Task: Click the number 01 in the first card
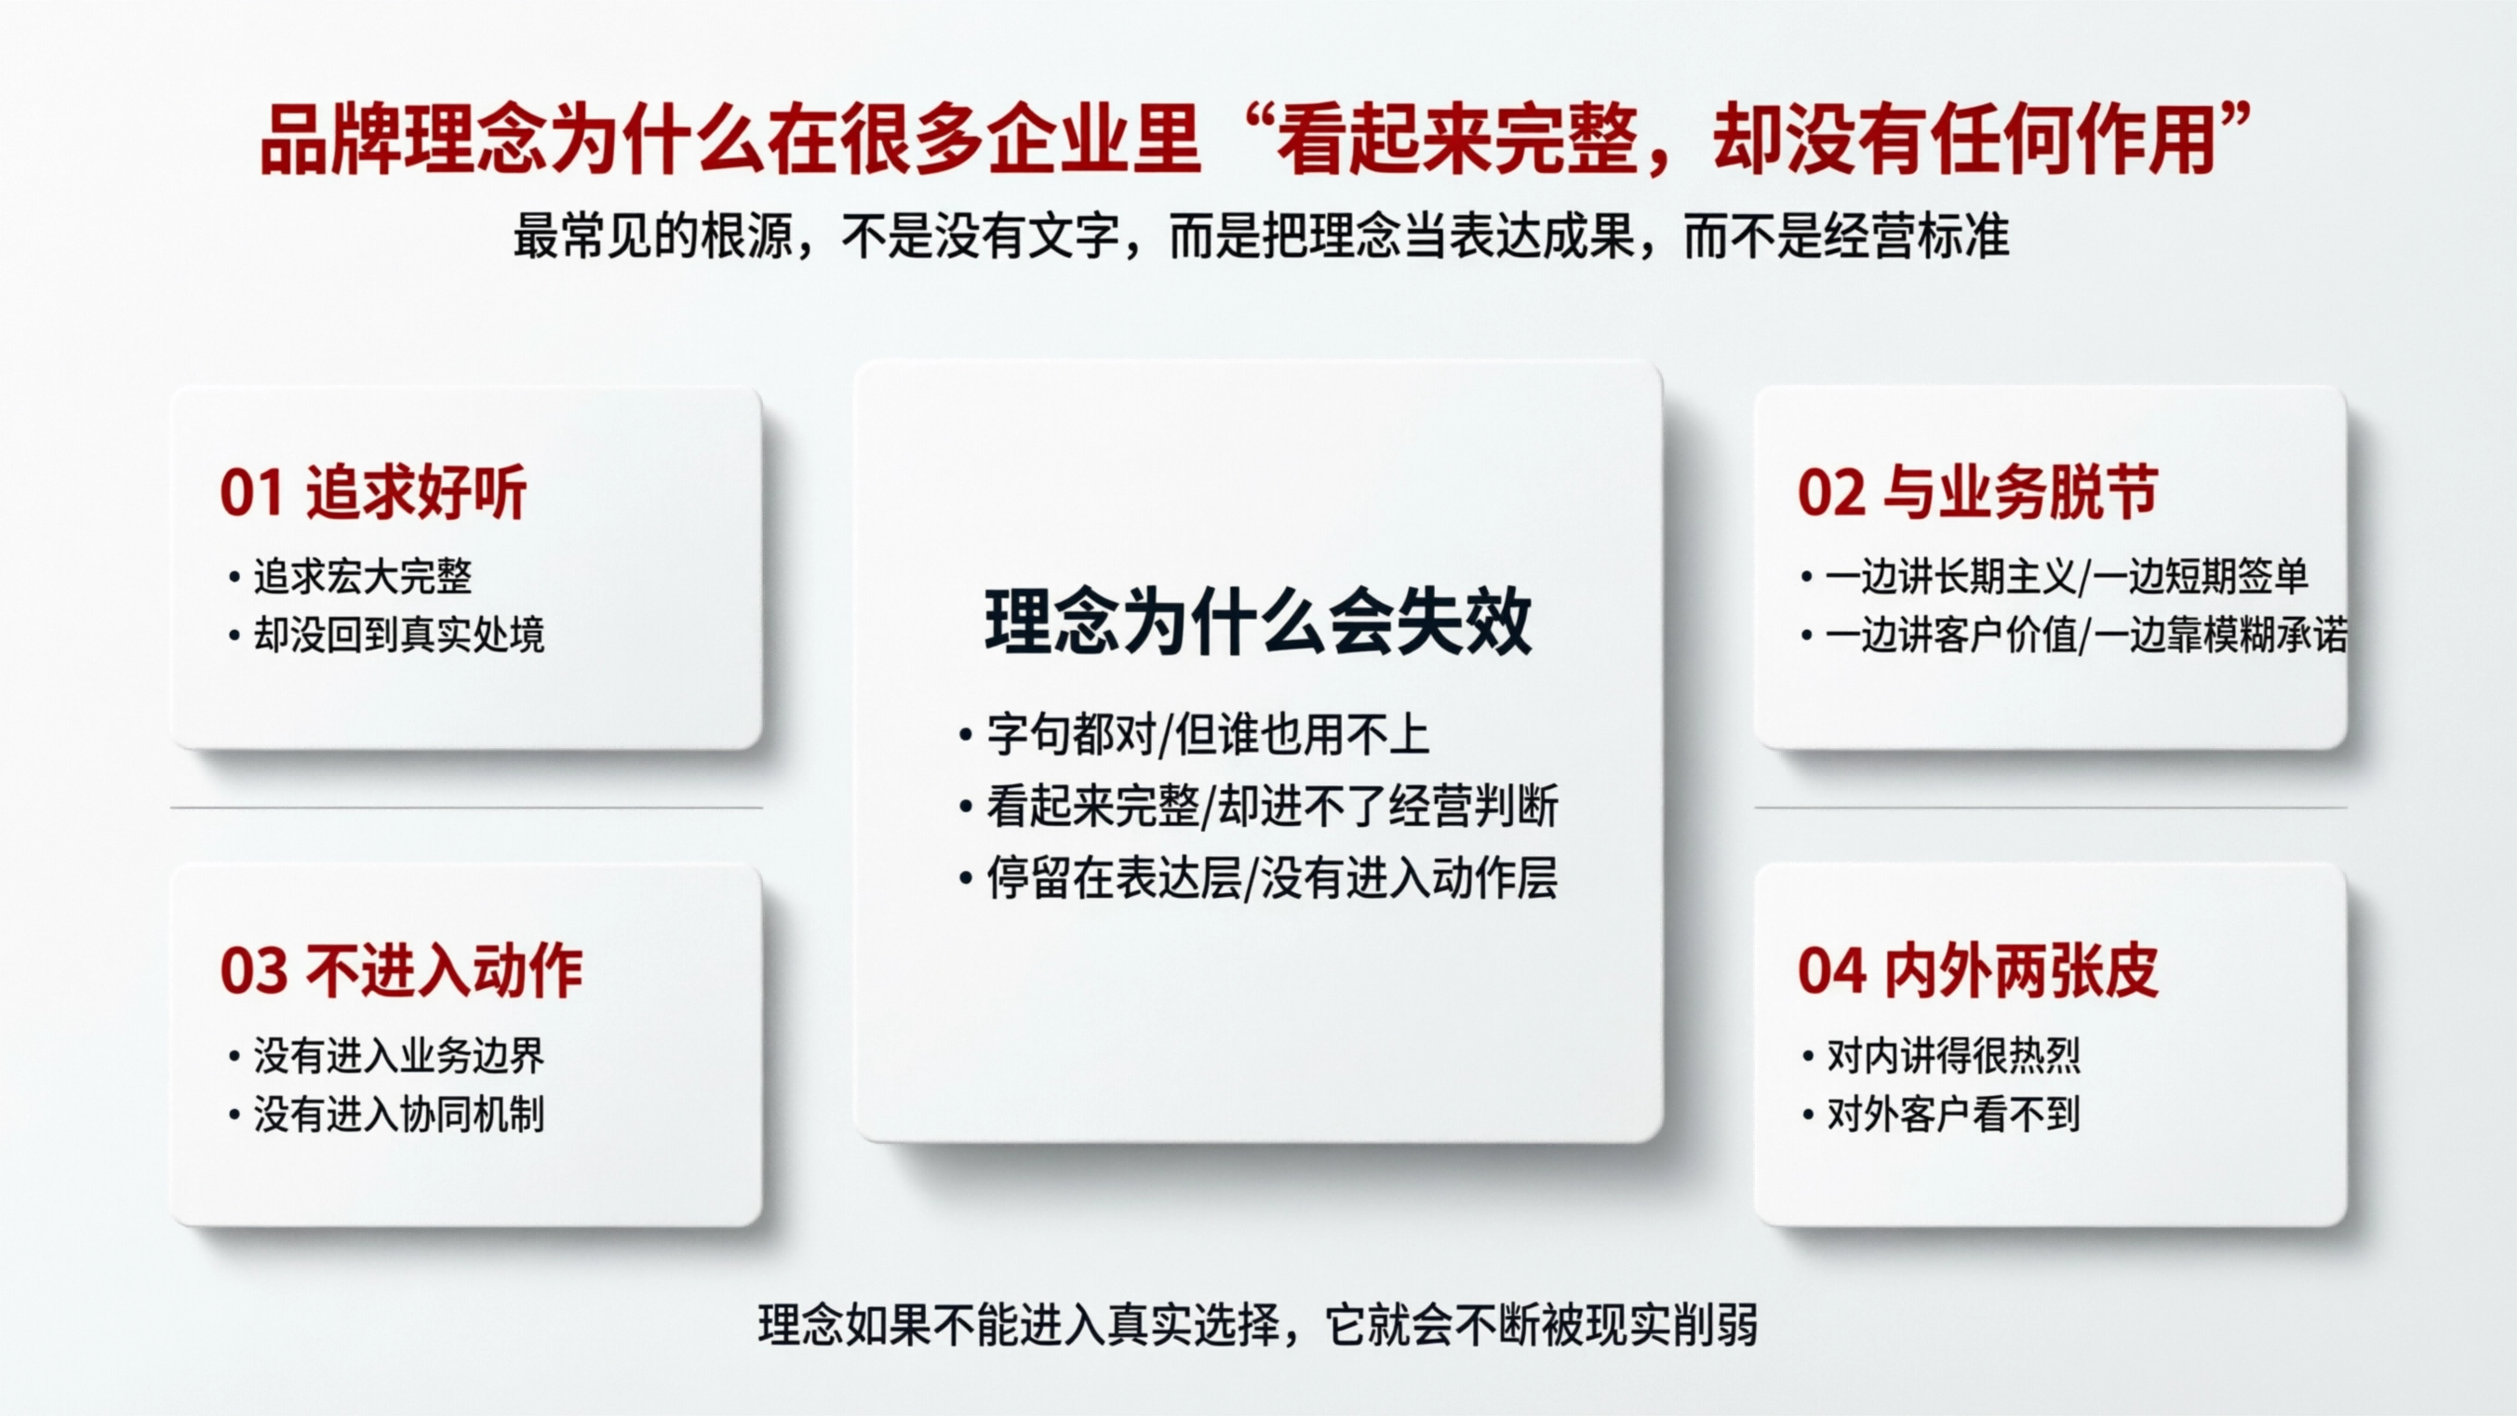[251, 492]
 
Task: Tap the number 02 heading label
[1829, 492]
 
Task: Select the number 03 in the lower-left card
[252, 971]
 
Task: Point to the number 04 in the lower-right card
[1830, 971]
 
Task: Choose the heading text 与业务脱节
[2020, 492]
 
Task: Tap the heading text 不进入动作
[445, 971]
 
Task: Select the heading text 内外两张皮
[2021, 971]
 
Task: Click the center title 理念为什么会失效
[1257, 622]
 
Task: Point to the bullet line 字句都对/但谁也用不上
[1208, 735]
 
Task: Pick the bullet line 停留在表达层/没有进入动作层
[1271, 877]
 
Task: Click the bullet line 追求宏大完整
[363, 577]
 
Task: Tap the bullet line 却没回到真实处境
[398, 635]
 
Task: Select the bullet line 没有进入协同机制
[398, 1114]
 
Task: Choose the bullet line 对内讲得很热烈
[1953, 1055]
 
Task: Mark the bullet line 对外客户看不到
[1953, 1114]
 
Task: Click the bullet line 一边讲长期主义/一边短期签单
[2066, 577]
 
